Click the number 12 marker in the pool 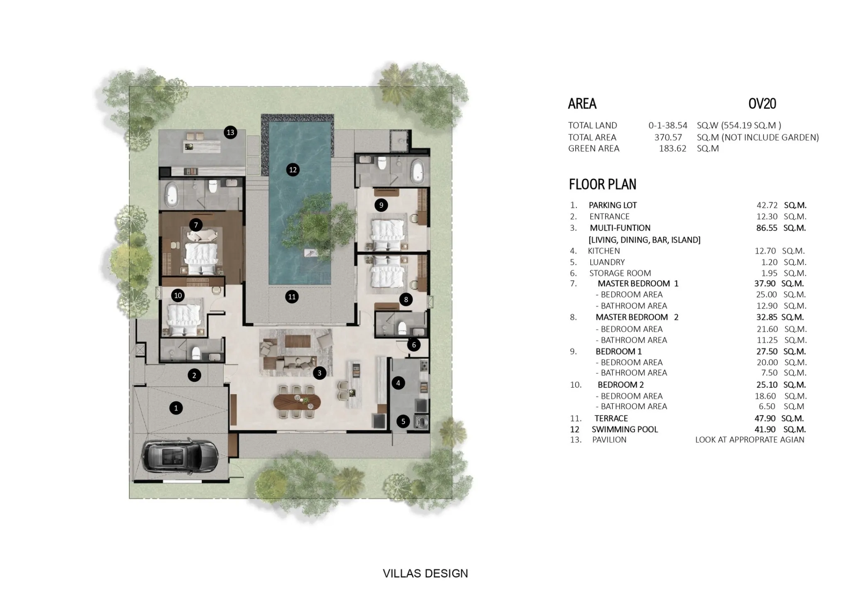point(293,169)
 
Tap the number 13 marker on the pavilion point(230,132)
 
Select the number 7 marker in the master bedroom point(196,225)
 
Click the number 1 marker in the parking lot point(176,408)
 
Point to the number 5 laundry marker point(403,421)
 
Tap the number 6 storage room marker point(414,345)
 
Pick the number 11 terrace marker point(292,297)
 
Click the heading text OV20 point(762,103)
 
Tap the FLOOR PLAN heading point(603,184)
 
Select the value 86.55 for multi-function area point(767,228)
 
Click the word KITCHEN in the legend point(604,251)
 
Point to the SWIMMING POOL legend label point(625,430)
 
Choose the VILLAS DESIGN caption point(425,574)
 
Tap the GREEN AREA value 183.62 point(673,149)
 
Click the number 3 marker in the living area point(319,373)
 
